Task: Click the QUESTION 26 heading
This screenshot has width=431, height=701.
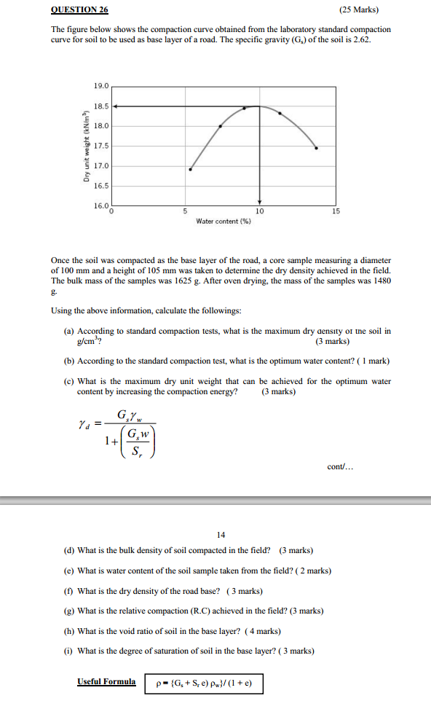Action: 79,10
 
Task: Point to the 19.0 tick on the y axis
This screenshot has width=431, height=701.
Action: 100,86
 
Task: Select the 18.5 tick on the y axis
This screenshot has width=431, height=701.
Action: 100,106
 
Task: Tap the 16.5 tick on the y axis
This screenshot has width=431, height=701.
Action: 100,187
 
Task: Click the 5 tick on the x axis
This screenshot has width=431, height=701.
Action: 185,211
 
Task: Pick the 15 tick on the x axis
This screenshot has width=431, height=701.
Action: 335,211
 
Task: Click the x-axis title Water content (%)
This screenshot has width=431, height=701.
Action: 224,222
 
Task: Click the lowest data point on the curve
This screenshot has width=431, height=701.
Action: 191,169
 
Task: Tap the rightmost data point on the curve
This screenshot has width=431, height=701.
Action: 316,148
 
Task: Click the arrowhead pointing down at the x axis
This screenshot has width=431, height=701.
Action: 259,203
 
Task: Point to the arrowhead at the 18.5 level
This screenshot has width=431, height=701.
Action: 116,106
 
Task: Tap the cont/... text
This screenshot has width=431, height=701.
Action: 340,467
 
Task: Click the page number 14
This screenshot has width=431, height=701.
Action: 221,535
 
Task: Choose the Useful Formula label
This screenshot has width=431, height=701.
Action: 106,682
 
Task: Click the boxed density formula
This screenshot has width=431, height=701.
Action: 204,684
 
